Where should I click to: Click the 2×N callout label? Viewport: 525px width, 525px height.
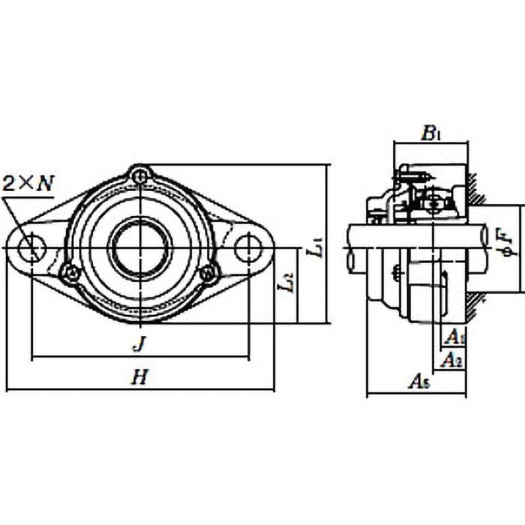[28, 183]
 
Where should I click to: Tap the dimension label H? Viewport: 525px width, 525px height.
[138, 377]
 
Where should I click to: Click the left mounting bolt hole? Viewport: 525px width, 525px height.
[31, 248]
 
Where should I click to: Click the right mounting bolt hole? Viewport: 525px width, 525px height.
[248, 248]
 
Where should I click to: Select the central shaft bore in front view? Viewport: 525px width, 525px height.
[140, 248]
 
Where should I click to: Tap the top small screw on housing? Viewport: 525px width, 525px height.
[140, 175]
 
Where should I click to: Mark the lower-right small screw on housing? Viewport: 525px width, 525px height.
[209, 272]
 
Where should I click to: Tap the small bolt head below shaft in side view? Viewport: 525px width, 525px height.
[396, 274]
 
